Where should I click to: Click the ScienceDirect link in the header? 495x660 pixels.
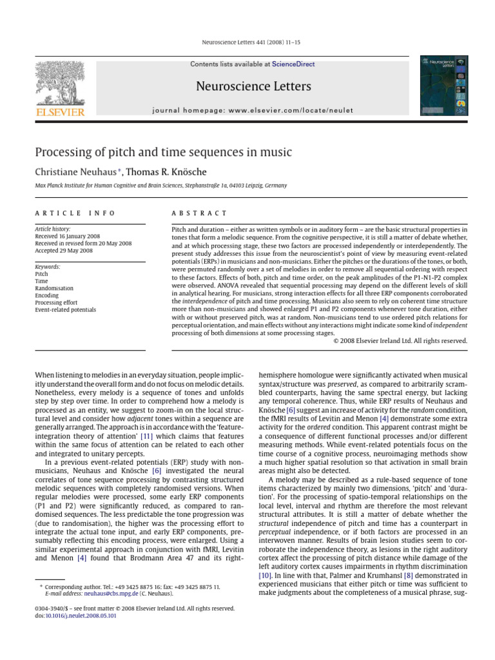(293, 64)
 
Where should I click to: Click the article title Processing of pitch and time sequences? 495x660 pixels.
(163, 153)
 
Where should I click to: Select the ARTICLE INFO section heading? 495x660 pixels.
(75, 213)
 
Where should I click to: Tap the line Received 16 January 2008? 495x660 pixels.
(67, 236)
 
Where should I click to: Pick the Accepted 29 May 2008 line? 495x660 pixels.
(64, 251)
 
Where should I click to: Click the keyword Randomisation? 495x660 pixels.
(54, 288)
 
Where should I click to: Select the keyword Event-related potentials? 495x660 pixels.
(65, 310)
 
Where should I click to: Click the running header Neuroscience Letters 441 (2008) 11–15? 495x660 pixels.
(247, 43)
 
